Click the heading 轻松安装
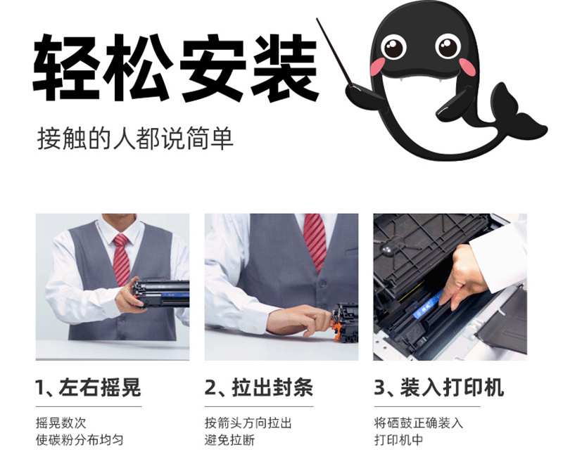click(x=176, y=68)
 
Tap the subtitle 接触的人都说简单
click(x=135, y=138)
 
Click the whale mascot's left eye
click(x=394, y=46)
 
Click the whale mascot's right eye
click(x=448, y=46)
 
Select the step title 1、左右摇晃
click(x=88, y=388)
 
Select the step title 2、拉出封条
click(x=259, y=388)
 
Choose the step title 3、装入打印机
click(x=438, y=388)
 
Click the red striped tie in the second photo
click(x=315, y=241)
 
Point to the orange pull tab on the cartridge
click(x=337, y=330)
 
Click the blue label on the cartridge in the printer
click(x=427, y=304)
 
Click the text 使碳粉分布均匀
click(x=80, y=440)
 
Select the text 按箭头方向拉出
click(x=248, y=423)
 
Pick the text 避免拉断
click(x=230, y=440)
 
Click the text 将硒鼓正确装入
click(x=418, y=423)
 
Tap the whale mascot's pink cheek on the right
click(x=467, y=67)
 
